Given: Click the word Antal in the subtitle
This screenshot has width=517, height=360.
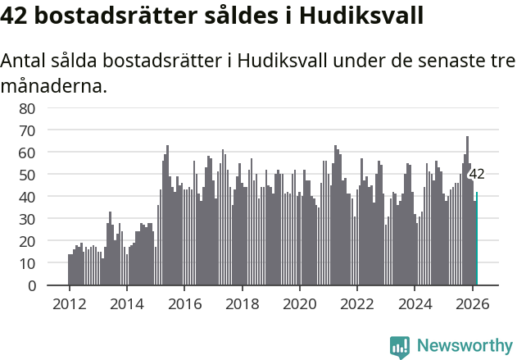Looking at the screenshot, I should (x=25, y=62).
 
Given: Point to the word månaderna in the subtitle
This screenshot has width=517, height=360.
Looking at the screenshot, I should (x=53, y=85).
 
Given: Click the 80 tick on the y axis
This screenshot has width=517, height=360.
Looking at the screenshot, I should (x=27, y=108).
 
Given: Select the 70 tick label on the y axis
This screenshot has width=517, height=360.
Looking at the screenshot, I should (x=27, y=130).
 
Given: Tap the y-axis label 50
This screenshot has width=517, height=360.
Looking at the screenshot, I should (x=27, y=175).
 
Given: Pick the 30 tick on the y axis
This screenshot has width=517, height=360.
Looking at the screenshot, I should (x=27, y=219).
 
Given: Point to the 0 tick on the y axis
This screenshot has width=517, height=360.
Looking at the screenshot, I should (x=31, y=286).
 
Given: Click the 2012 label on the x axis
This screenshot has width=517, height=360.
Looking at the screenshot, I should (x=69, y=303).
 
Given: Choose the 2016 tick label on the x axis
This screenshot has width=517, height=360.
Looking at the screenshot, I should (x=184, y=303).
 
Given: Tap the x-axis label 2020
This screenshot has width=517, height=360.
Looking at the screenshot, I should (x=300, y=303).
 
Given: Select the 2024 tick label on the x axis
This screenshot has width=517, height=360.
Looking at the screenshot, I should (x=415, y=303).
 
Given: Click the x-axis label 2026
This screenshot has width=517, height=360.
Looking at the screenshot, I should (x=473, y=303).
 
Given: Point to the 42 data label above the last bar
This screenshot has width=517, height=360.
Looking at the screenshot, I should (x=476, y=174).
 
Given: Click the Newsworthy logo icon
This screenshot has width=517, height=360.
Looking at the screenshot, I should (x=400, y=347).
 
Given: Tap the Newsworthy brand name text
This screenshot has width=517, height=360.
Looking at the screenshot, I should (x=464, y=346).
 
